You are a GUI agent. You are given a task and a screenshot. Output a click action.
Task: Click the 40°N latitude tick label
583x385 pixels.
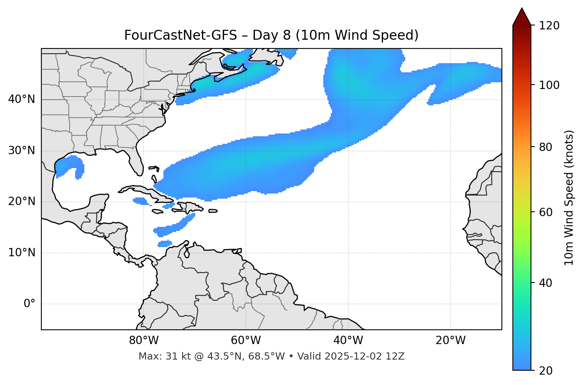coord(21,99)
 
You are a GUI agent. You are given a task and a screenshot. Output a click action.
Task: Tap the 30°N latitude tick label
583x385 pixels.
coord(21,151)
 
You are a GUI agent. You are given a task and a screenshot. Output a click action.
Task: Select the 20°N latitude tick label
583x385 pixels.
coord(21,201)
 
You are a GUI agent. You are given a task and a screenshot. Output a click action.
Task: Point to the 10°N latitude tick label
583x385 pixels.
coord(21,253)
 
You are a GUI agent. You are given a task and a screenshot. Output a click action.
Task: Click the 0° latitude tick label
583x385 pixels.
coord(29,304)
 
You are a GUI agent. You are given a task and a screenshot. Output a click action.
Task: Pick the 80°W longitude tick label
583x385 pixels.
coord(144,341)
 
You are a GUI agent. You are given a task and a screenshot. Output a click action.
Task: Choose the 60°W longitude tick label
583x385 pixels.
coord(246,341)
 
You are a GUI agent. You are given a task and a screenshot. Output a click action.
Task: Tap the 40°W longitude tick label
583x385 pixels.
coord(348,341)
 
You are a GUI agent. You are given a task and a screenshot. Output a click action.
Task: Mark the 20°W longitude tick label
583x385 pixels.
coord(450,341)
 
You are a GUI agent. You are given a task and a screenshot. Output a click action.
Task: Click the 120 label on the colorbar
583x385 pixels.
coord(550,26)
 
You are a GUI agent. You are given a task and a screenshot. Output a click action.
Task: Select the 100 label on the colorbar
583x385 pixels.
coord(550,85)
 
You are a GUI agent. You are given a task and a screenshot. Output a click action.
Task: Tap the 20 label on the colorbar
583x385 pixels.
coord(546,371)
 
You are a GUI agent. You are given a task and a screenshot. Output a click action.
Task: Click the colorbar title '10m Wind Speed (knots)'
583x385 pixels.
coord(569,198)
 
